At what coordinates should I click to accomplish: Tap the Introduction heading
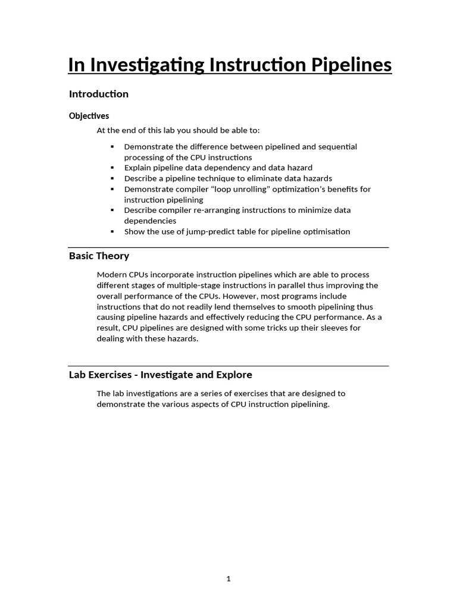[x=99, y=94]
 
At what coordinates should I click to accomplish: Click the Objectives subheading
[x=89, y=116]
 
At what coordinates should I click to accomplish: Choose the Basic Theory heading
[x=99, y=256]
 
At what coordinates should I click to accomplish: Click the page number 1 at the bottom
[x=228, y=579]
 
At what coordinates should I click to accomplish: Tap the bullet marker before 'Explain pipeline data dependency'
[x=112, y=168]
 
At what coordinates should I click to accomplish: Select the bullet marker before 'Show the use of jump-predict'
[x=112, y=232]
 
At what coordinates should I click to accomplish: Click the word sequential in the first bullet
[x=337, y=146]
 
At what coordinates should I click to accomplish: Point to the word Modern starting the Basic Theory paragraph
[x=111, y=275]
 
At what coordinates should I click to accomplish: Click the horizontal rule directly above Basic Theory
[x=228, y=247]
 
